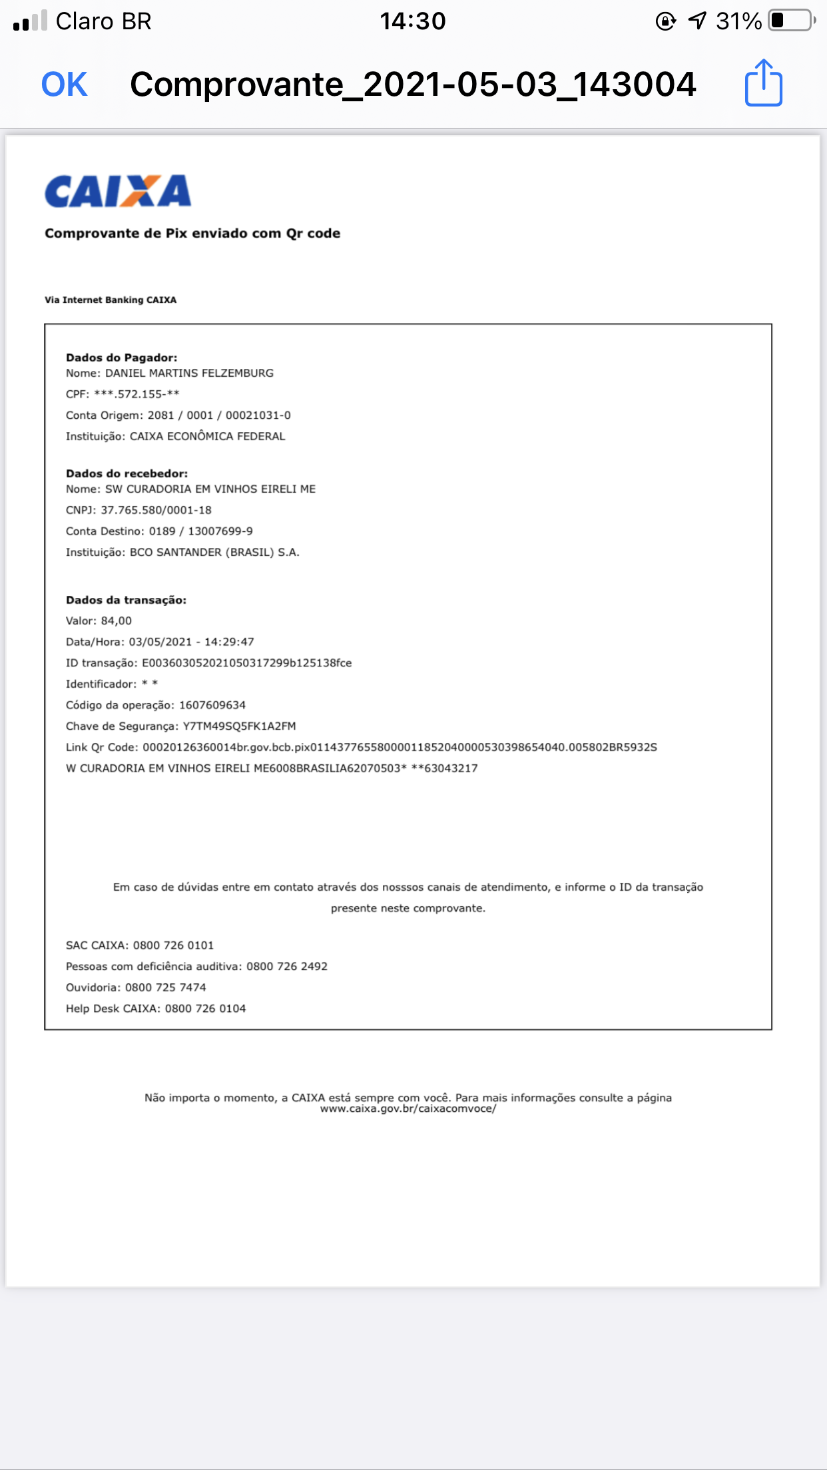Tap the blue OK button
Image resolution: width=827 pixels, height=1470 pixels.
tap(64, 85)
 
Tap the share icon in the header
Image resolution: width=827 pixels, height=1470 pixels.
tap(763, 83)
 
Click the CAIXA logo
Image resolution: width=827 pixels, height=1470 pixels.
tap(118, 192)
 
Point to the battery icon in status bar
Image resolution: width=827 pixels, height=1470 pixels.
tap(791, 21)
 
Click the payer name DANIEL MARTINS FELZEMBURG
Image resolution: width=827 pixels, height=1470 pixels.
tap(189, 373)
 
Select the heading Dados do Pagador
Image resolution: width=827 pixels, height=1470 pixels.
tap(121, 358)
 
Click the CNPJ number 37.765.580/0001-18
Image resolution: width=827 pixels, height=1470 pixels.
tap(156, 510)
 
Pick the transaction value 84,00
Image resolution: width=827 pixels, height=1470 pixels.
tap(117, 621)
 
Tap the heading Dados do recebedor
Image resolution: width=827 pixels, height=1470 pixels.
tap(127, 473)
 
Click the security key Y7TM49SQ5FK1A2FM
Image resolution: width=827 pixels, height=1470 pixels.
tap(239, 726)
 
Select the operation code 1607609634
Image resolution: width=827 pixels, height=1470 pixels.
tap(212, 705)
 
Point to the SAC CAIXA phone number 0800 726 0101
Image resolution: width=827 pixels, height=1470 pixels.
tap(173, 945)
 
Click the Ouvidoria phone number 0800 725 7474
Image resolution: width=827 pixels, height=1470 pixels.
tap(165, 987)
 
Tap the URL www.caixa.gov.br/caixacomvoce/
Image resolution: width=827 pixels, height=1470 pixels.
tap(408, 1109)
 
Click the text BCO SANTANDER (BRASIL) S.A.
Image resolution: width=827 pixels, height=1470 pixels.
tap(214, 553)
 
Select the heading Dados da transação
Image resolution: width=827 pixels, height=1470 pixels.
tap(126, 600)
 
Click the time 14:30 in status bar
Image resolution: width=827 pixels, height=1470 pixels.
tap(412, 21)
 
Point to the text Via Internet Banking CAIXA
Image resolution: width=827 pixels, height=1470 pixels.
tap(111, 300)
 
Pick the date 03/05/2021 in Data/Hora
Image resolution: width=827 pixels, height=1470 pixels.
tap(160, 642)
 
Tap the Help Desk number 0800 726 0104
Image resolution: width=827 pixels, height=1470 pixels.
tap(205, 1009)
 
